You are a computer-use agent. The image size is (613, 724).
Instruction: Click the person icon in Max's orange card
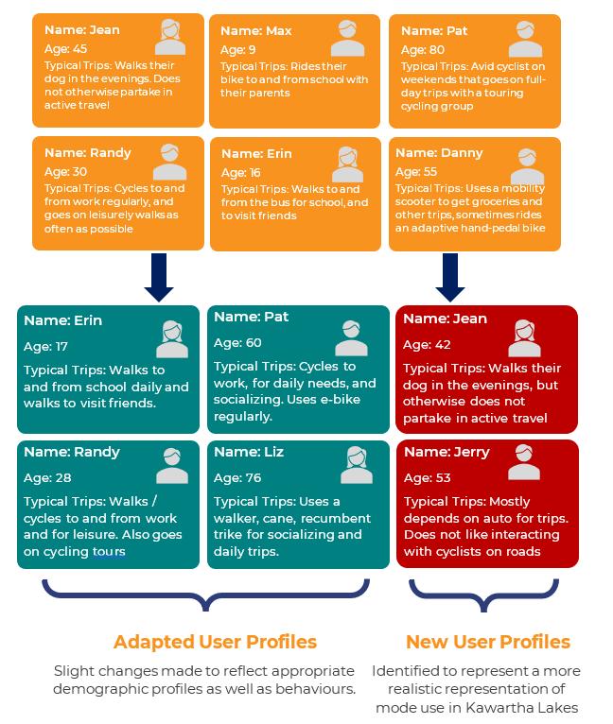click(347, 39)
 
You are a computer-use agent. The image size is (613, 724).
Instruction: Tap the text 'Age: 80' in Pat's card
click(421, 49)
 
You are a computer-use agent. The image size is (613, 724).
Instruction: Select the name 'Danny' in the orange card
click(439, 152)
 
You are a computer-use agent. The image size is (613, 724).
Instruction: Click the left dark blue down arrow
click(159, 276)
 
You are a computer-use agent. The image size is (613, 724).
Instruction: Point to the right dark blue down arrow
click(450, 276)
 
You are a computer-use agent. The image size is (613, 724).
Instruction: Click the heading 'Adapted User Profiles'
click(215, 643)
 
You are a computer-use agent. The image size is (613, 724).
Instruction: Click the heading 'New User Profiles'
click(487, 643)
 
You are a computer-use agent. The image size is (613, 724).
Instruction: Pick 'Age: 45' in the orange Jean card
click(65, 49)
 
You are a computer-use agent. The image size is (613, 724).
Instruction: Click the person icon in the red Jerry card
click(525, 461)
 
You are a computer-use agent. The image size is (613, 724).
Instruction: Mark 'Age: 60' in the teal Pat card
click(237, 342)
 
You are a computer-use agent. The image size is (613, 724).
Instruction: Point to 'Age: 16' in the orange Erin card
click(242, 173)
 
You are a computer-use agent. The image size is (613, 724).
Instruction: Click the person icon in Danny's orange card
click(527, 165)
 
